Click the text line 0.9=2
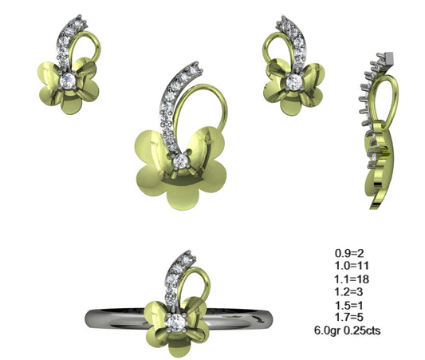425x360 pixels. [x=348, y=252]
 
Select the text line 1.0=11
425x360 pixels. [x=351, y=265]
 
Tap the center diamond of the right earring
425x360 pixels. [x=295, y=81]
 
